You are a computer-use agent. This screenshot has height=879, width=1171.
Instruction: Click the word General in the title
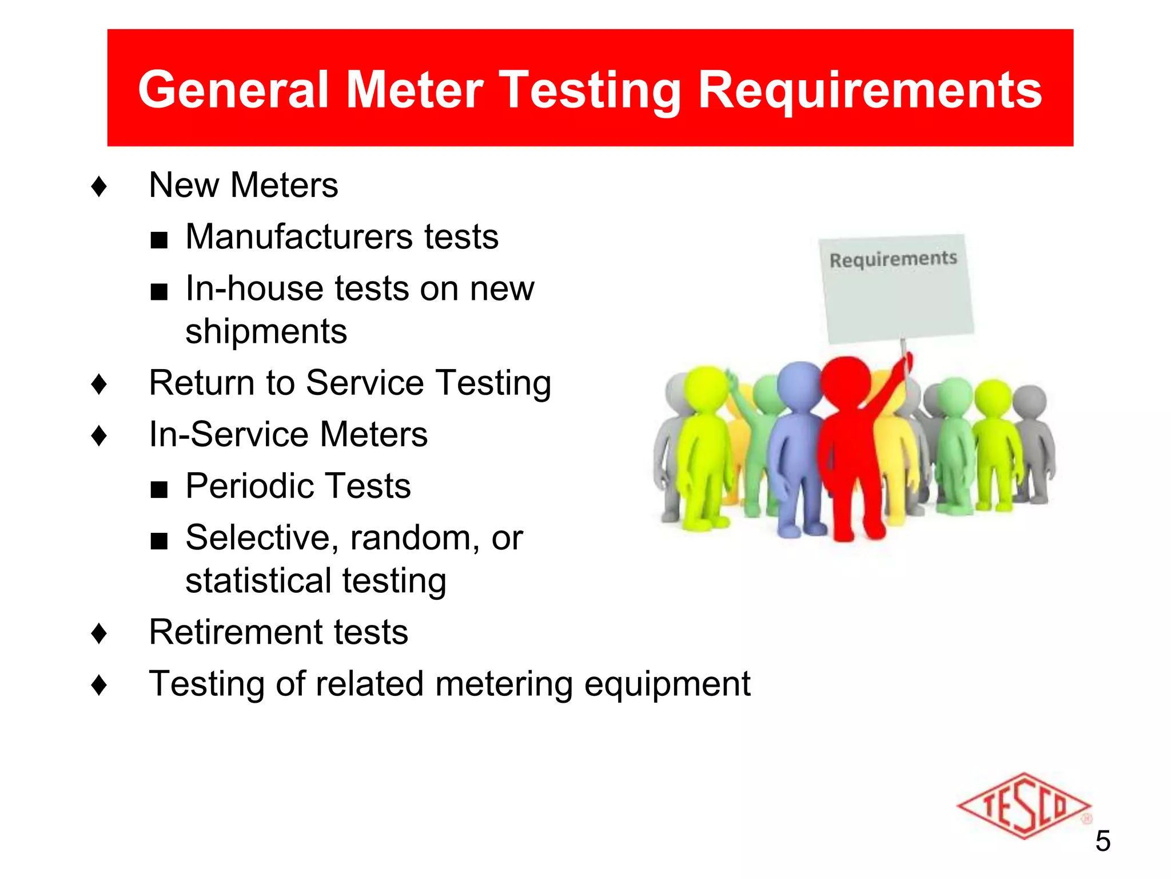[x=233, y=90]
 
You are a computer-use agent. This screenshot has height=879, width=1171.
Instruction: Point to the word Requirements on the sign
[x=893, y=259]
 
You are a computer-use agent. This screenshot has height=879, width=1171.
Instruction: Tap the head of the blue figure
[x=800, y=383]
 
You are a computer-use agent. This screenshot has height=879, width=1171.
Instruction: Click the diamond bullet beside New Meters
[x=99, y=186]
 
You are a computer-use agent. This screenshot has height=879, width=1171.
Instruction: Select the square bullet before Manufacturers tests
[x=159, y=240]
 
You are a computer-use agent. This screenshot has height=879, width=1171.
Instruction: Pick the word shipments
[x=266, y=332]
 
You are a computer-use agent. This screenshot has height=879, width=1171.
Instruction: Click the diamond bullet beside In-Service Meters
[x=99, y=435]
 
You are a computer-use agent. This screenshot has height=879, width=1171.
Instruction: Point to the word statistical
[x=258, y=581]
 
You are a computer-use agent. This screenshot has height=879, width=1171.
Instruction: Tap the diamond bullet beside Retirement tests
[x=99, y=633]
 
